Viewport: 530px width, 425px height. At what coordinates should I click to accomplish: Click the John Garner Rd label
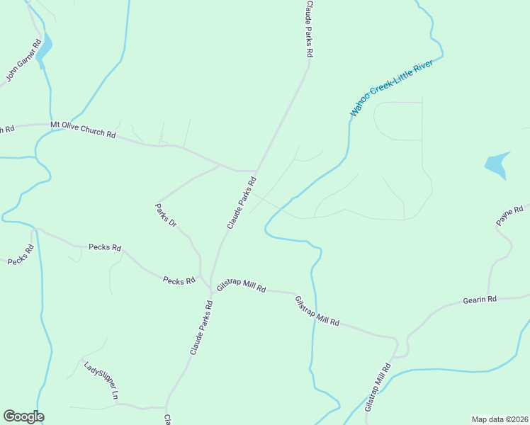coord(23,61)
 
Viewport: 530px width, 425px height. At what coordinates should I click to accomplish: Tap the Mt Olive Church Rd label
coord(83,129)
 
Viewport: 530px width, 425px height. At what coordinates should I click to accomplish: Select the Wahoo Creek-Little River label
coord(396,88)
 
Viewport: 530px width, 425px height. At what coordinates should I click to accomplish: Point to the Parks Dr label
coord(165,215)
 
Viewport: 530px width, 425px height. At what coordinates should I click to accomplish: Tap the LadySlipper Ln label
coord(101,381)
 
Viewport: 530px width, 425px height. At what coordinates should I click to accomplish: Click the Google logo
coord(23,416)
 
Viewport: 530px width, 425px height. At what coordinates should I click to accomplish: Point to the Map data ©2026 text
coord(500,419)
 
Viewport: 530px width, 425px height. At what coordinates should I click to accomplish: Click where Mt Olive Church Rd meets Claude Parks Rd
coord(256,171)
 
